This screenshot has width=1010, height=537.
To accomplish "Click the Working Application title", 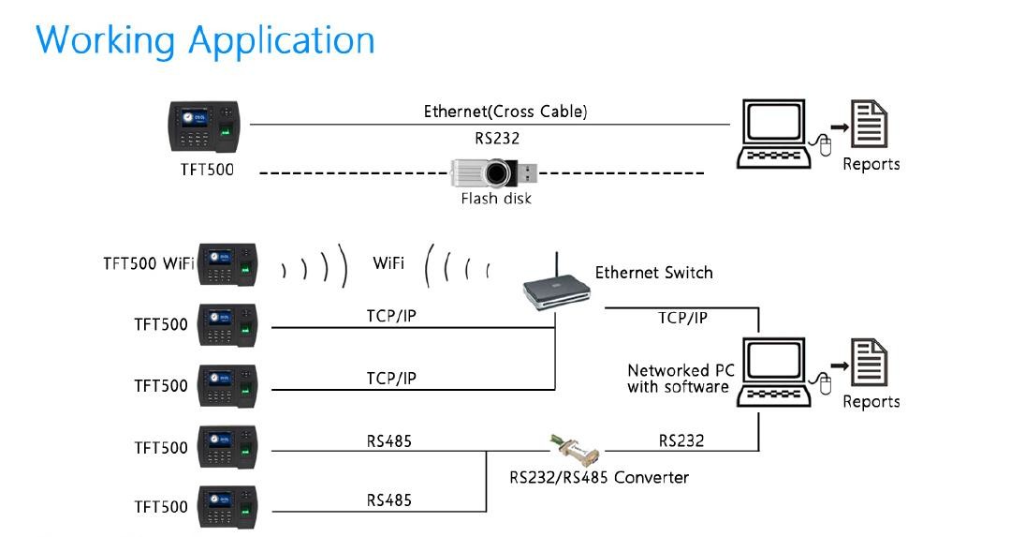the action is click(x=206, y=41).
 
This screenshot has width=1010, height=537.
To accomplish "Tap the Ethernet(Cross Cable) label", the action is click(x=505, y=112).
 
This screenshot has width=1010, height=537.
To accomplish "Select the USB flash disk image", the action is click(x=494, y=173).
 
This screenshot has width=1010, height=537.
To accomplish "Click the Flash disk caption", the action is click(x=496, y=199).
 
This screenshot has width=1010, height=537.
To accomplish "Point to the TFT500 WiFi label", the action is click(x=148, y=263).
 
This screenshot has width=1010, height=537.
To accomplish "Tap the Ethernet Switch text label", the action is click(x=653, y=273).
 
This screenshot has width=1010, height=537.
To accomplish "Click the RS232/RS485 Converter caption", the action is click(x=599, y=478).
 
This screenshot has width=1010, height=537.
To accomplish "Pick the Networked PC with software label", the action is click(x=681, y=379).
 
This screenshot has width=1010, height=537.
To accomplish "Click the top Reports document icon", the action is click(x=869, y=124).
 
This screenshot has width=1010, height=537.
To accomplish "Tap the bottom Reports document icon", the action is click(x=869, y=362).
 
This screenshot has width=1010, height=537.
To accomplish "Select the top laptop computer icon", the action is click(x=773, y=134).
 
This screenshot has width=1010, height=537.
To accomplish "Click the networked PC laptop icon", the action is click(x=773, y=373).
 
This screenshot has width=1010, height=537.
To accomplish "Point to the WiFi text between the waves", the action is click(x=388, y=263).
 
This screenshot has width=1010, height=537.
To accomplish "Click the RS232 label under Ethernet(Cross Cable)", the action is click(x=497, y=139).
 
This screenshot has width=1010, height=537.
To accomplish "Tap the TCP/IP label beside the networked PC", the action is click(x=682, y=318).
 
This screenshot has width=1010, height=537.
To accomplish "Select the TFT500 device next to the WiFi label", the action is click(x=228, y=264).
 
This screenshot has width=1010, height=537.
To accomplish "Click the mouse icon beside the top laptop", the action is click(x=823, y=144).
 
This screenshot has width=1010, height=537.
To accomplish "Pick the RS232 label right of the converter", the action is click(x=681, y=441).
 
